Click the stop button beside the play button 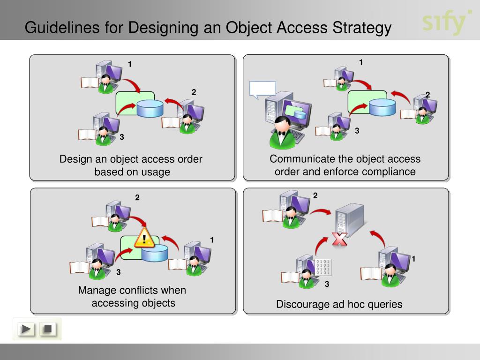coord(48,329)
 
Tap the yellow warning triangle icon coord(144,238)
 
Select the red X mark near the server coord(339,239)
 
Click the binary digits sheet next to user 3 coord(323,267)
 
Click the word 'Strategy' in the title coord(362,28)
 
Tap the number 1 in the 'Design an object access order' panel coord(130,64)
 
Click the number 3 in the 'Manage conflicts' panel coord(119,272)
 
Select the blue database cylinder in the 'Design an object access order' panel coord(150,109)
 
